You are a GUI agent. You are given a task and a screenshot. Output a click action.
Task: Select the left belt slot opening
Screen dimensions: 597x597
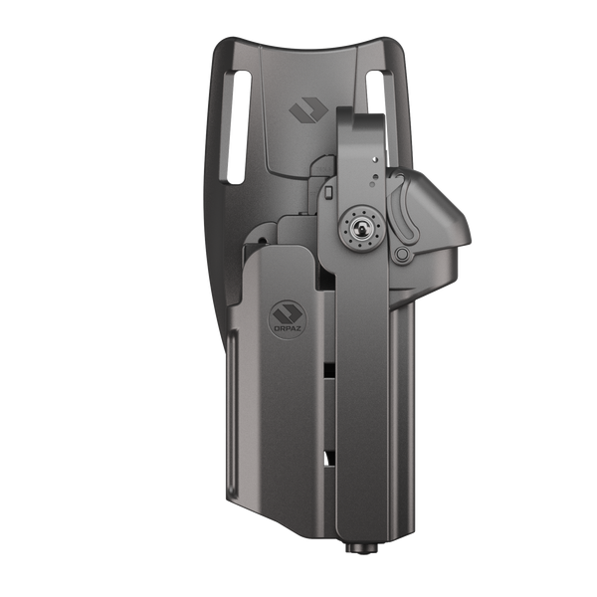point(237,129)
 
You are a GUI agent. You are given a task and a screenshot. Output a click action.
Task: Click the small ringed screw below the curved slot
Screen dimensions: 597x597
point(401,258)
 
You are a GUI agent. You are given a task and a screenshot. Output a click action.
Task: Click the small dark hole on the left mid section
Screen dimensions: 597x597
point(260,240)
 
